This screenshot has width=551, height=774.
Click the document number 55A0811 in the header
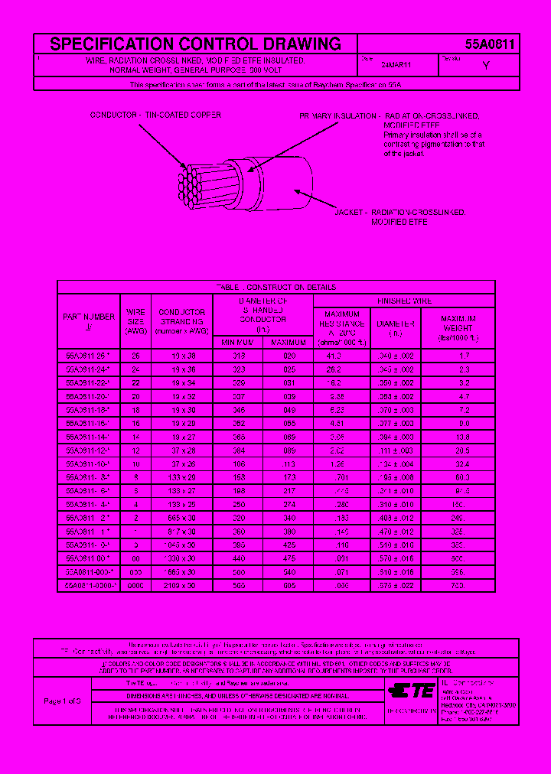490,44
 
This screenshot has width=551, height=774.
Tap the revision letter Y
486,67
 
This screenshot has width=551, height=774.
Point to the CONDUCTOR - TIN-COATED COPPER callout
155,115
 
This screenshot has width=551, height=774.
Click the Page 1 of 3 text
62,701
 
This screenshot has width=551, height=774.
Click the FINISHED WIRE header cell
404,301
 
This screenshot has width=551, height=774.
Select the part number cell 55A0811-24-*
89,369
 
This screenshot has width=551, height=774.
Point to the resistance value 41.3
333,356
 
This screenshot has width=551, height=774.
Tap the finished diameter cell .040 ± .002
396,356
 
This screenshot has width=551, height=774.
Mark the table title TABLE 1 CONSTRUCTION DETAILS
275,288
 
